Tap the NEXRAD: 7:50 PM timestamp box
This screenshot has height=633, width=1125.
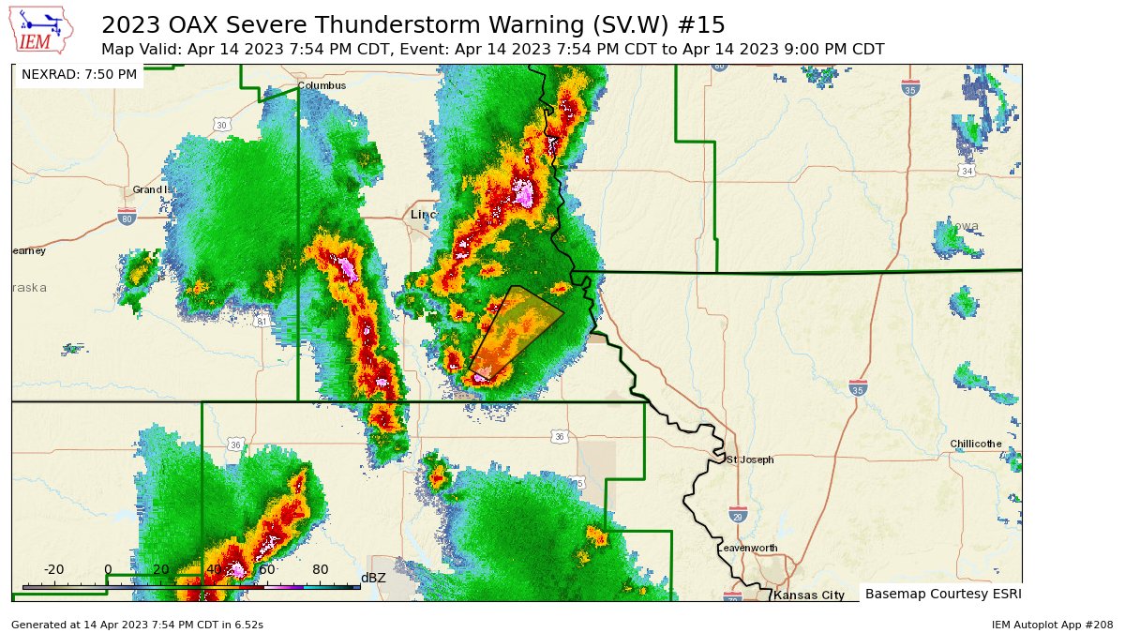coord(79,74)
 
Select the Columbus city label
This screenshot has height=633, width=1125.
coord(322,85)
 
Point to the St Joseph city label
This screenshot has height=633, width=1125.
coord(750,460)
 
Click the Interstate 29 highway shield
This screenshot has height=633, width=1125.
coord(738,513)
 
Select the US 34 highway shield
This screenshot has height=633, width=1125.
coord(967,171)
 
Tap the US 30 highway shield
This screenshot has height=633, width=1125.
coord(222,125)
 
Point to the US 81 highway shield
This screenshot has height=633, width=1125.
coord(262,322)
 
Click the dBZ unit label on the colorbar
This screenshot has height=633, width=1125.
coord(373,578)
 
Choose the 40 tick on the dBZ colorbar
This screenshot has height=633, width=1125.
coord(214,569)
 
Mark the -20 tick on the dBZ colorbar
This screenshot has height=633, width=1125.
coord(54,569)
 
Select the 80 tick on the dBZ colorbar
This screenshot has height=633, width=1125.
coord(320,569)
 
